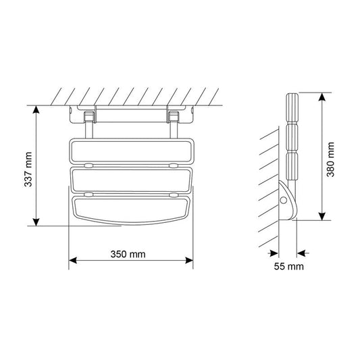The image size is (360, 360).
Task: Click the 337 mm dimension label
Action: click(x=28, y=169)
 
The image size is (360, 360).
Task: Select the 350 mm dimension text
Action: click(x=128, y=254)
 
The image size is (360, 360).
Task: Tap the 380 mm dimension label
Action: click(x=330, y=159)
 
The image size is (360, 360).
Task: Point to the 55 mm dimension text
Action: click(x=288, y=266)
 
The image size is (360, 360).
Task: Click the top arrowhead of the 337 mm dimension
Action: click(x=36, y=109)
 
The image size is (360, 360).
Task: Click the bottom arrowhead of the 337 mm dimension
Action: click(x=36, y=222)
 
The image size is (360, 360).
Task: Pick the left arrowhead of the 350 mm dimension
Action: click(x=73, y=260)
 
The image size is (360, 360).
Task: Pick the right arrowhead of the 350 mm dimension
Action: click(x=189, y=260)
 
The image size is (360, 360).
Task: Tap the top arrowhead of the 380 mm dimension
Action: click(x=322, y=97)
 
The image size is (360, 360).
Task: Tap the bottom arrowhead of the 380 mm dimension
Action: click(x=322, y=216)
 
